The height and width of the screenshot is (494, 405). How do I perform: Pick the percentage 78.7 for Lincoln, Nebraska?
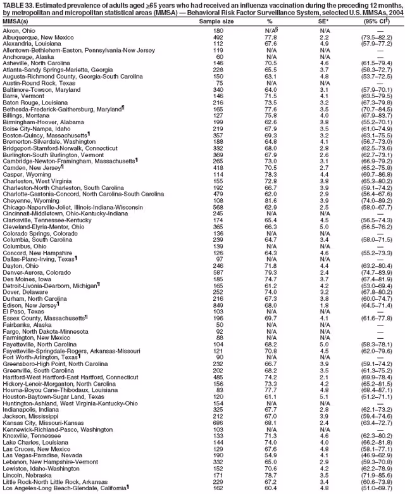click(x=271, y=475)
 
